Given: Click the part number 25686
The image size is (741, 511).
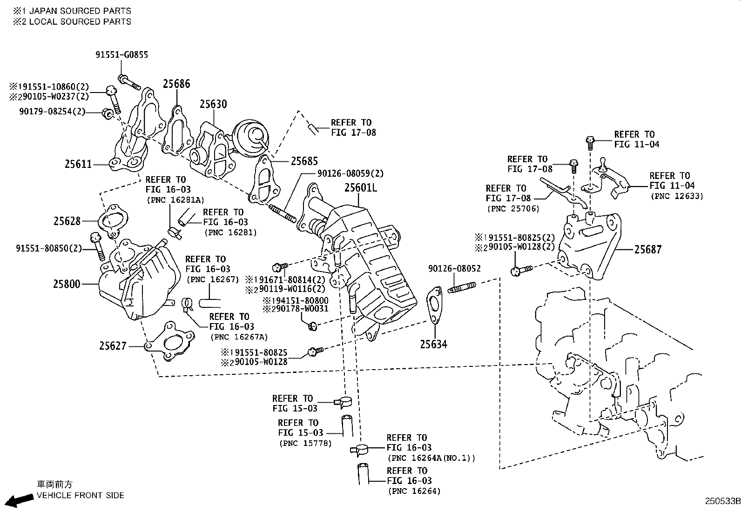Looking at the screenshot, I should point(176,84).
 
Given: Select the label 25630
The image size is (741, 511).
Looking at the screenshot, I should point(213,104).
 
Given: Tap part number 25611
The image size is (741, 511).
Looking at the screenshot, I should point(78,164).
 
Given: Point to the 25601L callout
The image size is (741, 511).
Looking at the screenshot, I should point(360,188).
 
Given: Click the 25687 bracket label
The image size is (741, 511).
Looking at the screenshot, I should point(647,250).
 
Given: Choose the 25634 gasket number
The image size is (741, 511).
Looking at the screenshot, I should point(433,345).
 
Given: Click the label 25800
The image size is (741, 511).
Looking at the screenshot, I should point(67,284).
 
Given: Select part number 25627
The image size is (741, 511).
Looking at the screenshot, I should point(113,346).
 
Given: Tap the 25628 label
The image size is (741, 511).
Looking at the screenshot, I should point(67,221).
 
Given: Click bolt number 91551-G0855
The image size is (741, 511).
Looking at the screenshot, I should point(122,55).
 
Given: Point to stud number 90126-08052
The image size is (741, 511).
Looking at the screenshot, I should point(455,269).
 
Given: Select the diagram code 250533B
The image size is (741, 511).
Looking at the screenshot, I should point(721,502).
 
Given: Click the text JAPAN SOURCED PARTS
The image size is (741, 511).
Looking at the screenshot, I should point(80,11).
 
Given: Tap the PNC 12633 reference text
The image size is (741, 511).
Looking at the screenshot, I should point(677,196).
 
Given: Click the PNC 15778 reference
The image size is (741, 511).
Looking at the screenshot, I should point(306,443).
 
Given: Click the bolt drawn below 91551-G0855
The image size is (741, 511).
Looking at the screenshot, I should point(129,83).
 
